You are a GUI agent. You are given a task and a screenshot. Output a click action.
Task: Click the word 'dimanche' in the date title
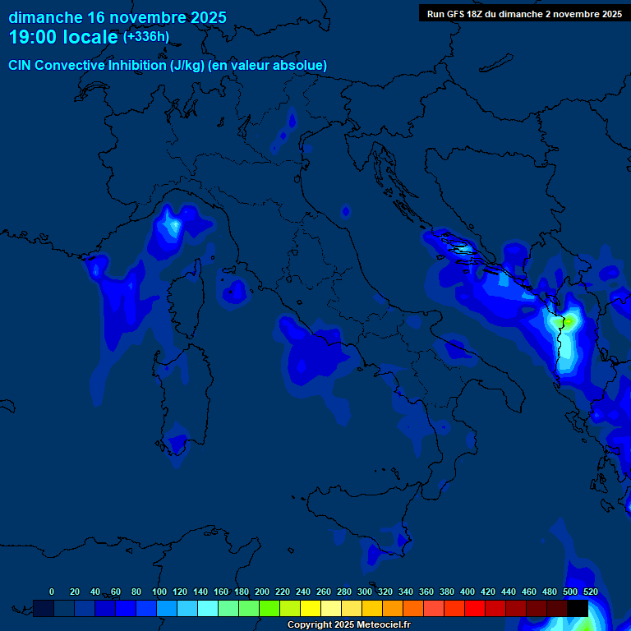click(x=45, y=17)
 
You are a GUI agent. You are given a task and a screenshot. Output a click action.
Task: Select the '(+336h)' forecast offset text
click(x=145, y=37)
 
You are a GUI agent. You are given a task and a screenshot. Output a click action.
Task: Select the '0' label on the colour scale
click(x=52, y=592)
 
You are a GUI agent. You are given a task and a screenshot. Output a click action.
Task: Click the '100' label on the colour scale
click(x=159, y=592)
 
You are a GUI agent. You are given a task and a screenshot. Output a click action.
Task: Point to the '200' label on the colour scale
click(x=262, y=592)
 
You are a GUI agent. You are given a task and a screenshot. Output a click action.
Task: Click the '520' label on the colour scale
click(x=590, y=592)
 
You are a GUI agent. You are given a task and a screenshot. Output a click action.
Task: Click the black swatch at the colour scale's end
click(x=578, y=608)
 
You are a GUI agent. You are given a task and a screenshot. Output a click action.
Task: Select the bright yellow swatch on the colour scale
click(x=311, y=608)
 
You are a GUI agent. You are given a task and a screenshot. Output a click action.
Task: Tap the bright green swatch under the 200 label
click(x=269, y=608)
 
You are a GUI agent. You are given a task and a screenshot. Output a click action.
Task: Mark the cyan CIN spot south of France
click(x=172, y=223)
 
